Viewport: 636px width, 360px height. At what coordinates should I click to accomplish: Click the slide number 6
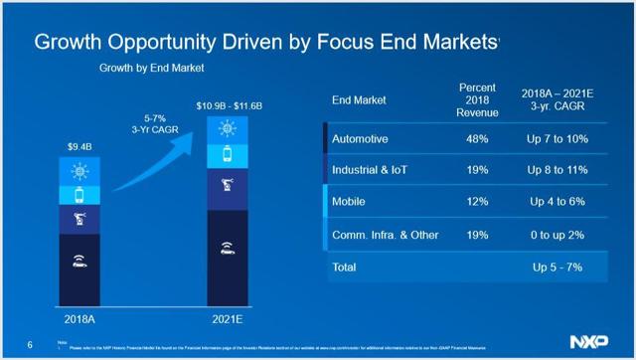[31, 344]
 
